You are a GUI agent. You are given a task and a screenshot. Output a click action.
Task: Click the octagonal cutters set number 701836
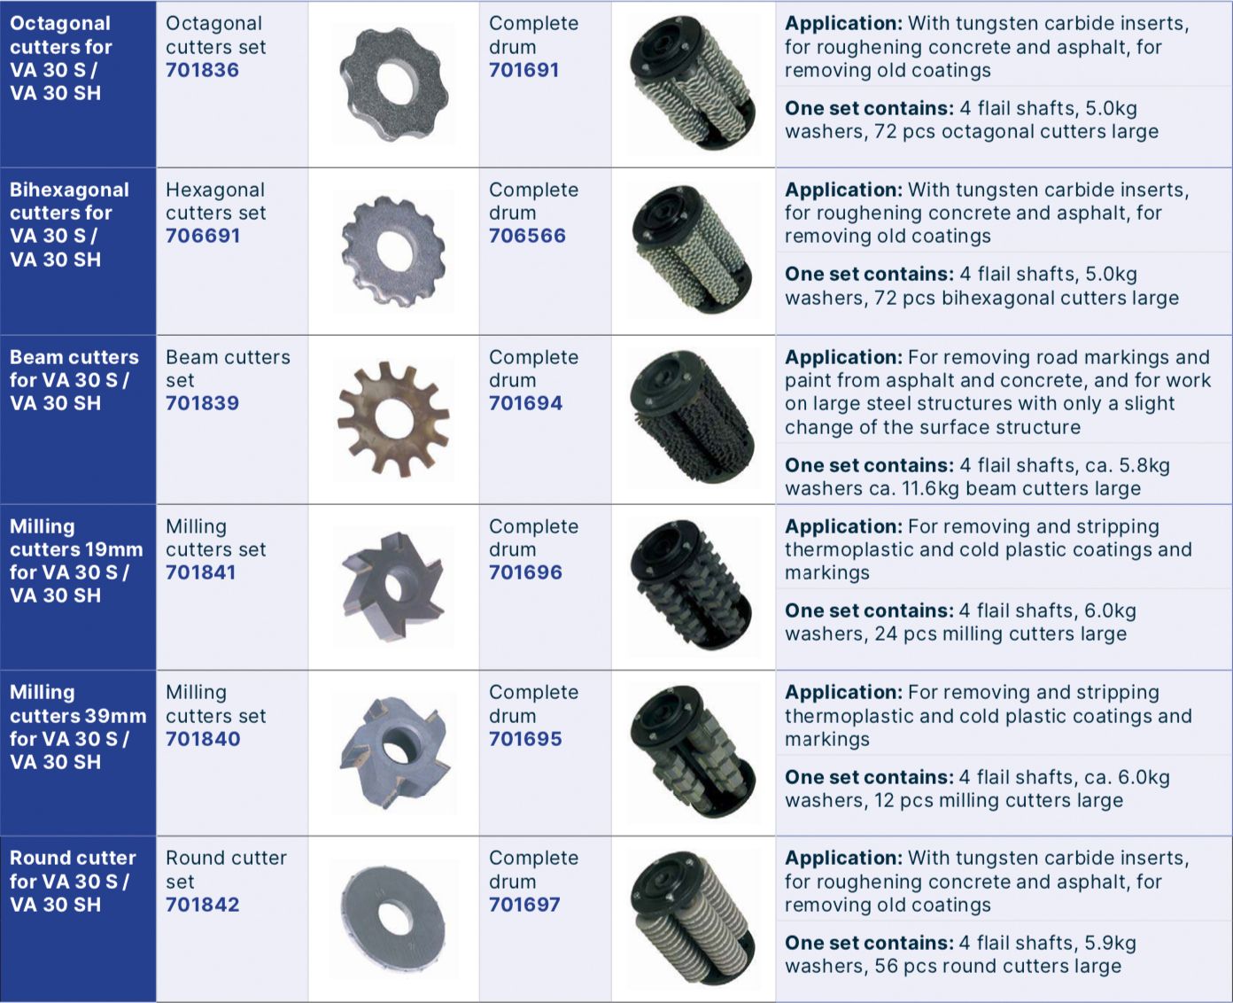pyautogui.click(x=202, y=70)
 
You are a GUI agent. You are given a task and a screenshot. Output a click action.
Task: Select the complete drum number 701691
pyautogui.click(x=523, y=70)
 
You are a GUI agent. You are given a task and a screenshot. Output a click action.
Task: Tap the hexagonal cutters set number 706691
pyautogui.click(x=203, y=236)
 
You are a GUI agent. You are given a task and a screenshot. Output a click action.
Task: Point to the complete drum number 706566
pyautogui.click(x=527, y=236)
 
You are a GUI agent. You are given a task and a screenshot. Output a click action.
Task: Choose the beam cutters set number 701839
pyautogui.click(x=202, y=403)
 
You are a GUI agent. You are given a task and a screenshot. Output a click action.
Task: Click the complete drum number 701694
pyautogui.click(x=525, y=403)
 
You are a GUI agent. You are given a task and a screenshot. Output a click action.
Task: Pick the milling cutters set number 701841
pyautogui.click(x=200, y=572)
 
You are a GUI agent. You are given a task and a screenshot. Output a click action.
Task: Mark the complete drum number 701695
pyautogui.click(x=525, y=739)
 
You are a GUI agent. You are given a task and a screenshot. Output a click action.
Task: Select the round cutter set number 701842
pyautogui.click(x=202, y=905)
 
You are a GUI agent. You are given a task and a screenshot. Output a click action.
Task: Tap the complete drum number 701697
pyautogui.click(x=524, y=905)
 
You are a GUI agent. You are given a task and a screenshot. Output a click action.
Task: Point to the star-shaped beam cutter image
pyautogui.click(x=393, y=419)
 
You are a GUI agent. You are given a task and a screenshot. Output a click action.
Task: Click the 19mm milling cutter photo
pyautogui.click(x=393, y=587)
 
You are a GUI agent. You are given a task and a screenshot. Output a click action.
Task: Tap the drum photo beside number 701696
pyautogui.click(x=693, y=586)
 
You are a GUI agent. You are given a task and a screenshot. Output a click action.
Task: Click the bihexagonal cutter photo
pyautogui.click(x=393, y=251)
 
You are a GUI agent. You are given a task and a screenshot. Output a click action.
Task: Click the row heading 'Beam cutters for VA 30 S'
pyautogui.click(x=74, y=369)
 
